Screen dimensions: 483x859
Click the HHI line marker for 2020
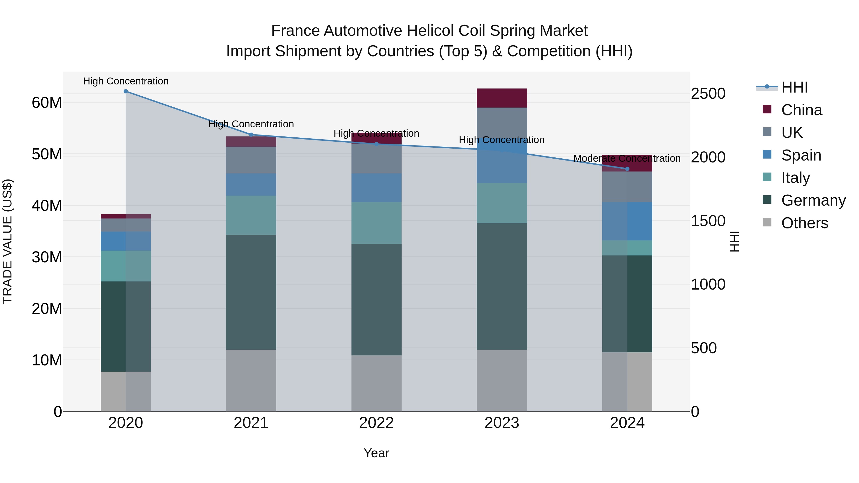click(x=126, y=91)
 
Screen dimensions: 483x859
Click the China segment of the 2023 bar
click(x=502, y=98)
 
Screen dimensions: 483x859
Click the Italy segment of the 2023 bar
click(x=502, y=203)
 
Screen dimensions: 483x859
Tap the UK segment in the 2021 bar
click(x=251, y=160)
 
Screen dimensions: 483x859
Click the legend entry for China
click(x=801, y=110)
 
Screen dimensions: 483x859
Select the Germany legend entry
click(x=813, y=200)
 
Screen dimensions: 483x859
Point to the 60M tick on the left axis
click(x=47, y=103)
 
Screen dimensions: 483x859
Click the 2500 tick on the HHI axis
click(x=708, y=94)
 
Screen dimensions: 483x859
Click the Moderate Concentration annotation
click(x=627, y=158)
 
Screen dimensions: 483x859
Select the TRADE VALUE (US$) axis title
click(x=7, y=241)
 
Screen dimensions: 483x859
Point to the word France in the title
click(x=295, y=31)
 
